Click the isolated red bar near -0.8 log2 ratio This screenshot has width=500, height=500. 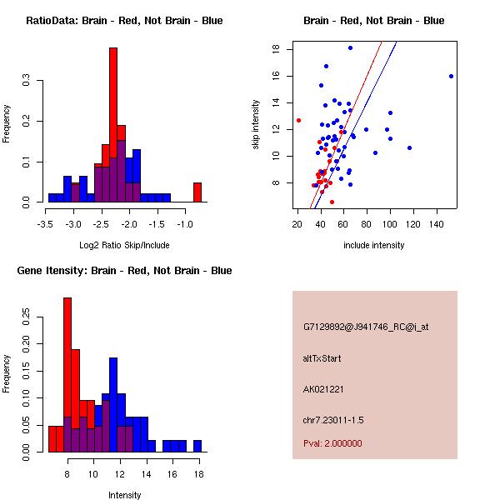pos(197,192)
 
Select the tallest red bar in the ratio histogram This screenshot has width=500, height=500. pos(113,125)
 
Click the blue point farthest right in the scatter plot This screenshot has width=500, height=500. pos(451,76)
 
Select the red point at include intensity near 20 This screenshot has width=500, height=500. pos(298,120)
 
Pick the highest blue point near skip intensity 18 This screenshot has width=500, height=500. pos(350,48)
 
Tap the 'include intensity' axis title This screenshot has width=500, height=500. pos(374,245)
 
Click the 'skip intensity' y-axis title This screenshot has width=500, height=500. pos(257,125)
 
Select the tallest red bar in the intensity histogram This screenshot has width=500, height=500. pos(67,375)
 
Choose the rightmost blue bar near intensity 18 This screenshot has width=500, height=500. pos(197,446)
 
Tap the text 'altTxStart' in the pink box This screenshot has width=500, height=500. pos(322,358)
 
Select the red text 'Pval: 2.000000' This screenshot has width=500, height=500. pos(332,443)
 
